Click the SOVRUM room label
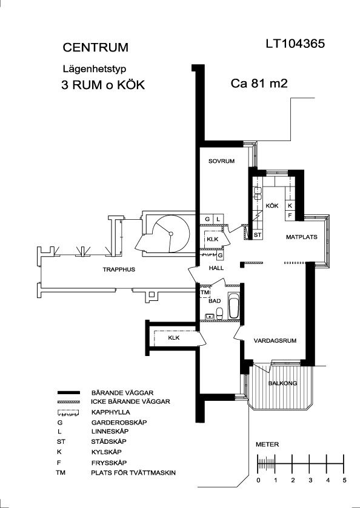[221, 161]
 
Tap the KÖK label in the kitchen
[272, 206]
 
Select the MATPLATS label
[302, 237]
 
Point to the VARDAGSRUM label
[275, 341]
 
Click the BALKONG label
[282, 383]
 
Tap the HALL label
[216, 268]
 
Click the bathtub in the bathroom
[233, 306]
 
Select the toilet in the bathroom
[219, 313]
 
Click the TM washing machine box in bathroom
[205, 292]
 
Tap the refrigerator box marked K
[290, 205]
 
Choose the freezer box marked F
[290, 215]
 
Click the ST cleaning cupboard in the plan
[257, 234]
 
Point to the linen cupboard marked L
[218, 219]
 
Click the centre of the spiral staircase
[171, 234]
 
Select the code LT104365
[295, 44]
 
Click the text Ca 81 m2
[259, 84]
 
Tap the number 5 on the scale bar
[344, 480]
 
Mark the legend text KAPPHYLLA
[110, 412]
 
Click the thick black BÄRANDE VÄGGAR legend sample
[68, 393]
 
